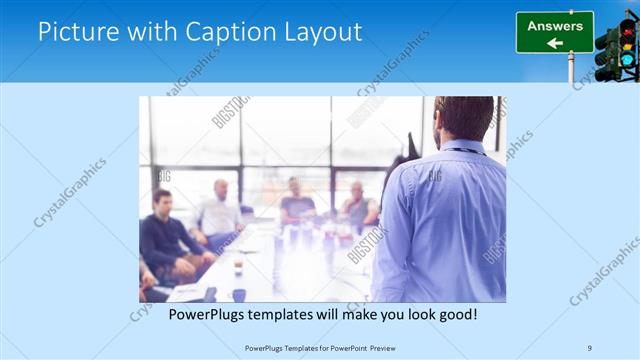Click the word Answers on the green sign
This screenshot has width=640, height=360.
pyautogui.click(x=554, y=26)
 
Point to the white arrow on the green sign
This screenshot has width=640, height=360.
pyautogui.click(x=554, y=43)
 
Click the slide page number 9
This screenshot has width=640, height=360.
pyautogui.click(x=590, y=347)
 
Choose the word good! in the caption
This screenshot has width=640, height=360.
pyautogui.click(x=455, y=314)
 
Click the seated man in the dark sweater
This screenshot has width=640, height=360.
pyautogui.click(x=165, y=235)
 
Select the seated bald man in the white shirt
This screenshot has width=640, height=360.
pyautogui.click(x=221, y=210)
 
